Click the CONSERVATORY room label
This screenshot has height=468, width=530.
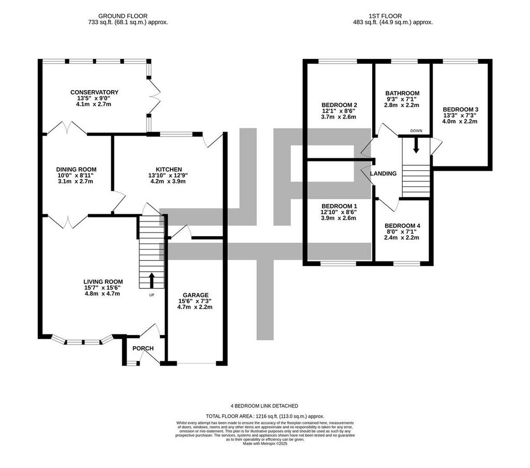pos(94,92)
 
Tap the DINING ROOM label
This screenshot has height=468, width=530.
pos(76,169)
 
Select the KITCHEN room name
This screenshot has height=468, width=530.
pos(169,169)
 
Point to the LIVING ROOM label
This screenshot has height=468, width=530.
pos(103,282)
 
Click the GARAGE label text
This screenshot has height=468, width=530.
pos(196,295)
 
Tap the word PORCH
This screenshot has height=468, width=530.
pos(143,348)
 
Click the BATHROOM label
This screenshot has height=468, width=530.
pos(402,93)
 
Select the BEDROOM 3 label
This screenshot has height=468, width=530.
pos(460,110)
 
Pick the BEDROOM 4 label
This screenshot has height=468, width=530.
pos(402,226)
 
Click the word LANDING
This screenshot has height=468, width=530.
pos(383,173)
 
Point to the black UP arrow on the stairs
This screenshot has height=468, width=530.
pos(152,280)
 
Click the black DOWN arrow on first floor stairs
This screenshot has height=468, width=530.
pos(416,146)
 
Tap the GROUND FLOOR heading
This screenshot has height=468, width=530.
pos(123,16)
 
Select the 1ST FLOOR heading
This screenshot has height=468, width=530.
pos(385,16)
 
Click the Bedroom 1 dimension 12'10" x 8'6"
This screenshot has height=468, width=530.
pos(338,212)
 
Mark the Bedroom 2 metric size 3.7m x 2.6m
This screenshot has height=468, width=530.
pos(338,117)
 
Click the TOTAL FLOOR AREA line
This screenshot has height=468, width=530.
pos(265,416)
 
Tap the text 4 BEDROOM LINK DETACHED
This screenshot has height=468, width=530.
pos(264,406)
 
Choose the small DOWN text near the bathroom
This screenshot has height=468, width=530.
pos(416,131)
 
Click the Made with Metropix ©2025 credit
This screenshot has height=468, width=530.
pos(265,443)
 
